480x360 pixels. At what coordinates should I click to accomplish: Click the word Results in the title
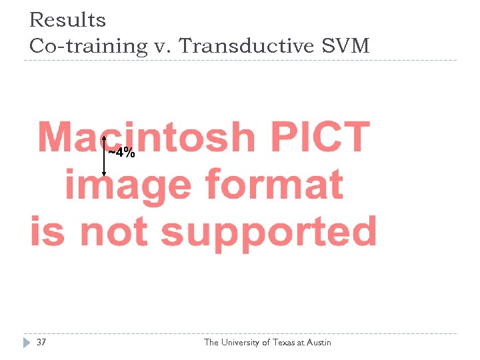click(67, 21)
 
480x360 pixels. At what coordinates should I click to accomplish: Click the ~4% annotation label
click(122, 153)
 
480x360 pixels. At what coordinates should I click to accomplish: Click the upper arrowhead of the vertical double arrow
click(104, 138)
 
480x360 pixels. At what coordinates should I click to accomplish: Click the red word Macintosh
click(147, 137)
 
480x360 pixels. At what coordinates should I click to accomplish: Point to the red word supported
click(269, 232)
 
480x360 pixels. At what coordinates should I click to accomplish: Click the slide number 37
click(41, 343)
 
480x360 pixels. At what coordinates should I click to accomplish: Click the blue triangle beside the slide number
click(27, 343)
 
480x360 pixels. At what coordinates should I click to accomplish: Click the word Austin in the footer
click(319, 343)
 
